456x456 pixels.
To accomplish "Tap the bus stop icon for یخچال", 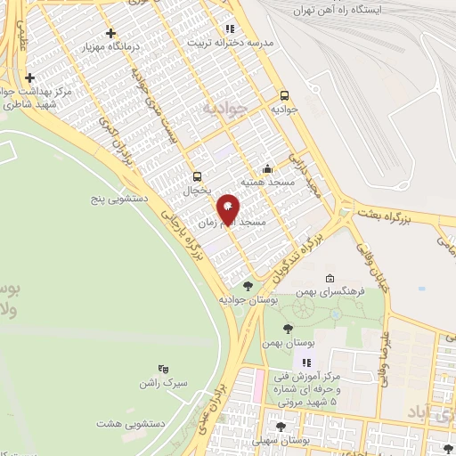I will (197, 175).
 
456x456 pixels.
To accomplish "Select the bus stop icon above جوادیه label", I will (285, 95).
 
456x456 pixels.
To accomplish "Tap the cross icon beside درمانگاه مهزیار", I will (110, 34).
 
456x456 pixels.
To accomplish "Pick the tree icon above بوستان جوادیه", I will (247, 286).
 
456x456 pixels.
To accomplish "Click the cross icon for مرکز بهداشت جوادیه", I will (31, 77).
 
